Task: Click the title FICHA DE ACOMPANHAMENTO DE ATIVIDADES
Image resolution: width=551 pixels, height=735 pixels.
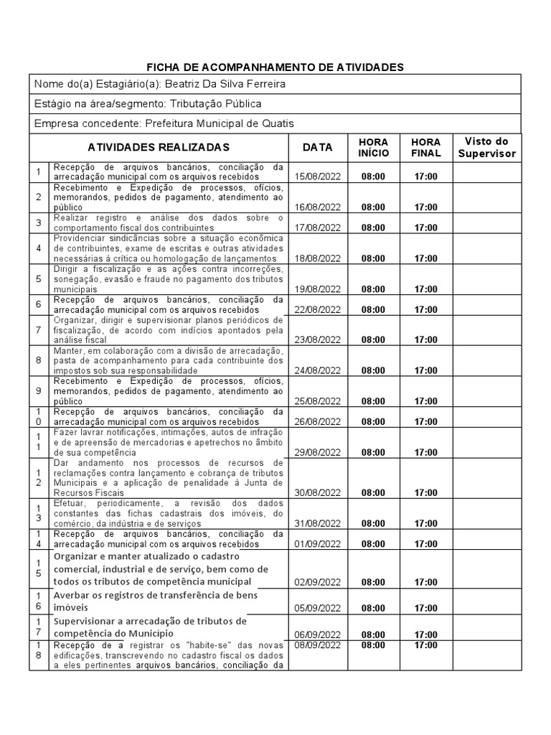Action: [275, 67]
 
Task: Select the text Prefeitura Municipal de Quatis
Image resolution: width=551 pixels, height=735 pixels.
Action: [219, 123]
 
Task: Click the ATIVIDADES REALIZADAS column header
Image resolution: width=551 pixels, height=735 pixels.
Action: [159, 147]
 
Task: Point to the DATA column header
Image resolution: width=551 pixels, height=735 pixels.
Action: [317, 147]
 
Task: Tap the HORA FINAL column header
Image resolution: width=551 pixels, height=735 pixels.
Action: [425, 147]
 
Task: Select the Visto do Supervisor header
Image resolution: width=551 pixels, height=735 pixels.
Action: [486, 147]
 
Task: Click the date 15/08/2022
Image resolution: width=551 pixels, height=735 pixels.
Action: [317, 176]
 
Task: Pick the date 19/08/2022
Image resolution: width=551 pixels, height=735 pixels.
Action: [317, 289]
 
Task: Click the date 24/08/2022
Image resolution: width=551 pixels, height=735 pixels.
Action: [317, 370]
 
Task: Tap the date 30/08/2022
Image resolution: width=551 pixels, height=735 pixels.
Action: [317, 492]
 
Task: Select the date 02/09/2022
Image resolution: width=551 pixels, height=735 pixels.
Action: [317, 582]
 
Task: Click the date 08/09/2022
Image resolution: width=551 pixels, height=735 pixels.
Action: [317, 645]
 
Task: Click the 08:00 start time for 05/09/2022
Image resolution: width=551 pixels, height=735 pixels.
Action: [373, 608]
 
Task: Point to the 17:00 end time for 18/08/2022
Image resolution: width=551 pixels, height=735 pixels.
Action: [425, 258]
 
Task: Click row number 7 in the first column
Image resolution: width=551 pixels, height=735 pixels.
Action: [39, 329]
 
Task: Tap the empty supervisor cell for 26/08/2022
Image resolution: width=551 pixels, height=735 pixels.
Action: [486, 417]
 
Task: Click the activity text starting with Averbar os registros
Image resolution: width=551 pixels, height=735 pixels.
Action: [155, 601]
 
